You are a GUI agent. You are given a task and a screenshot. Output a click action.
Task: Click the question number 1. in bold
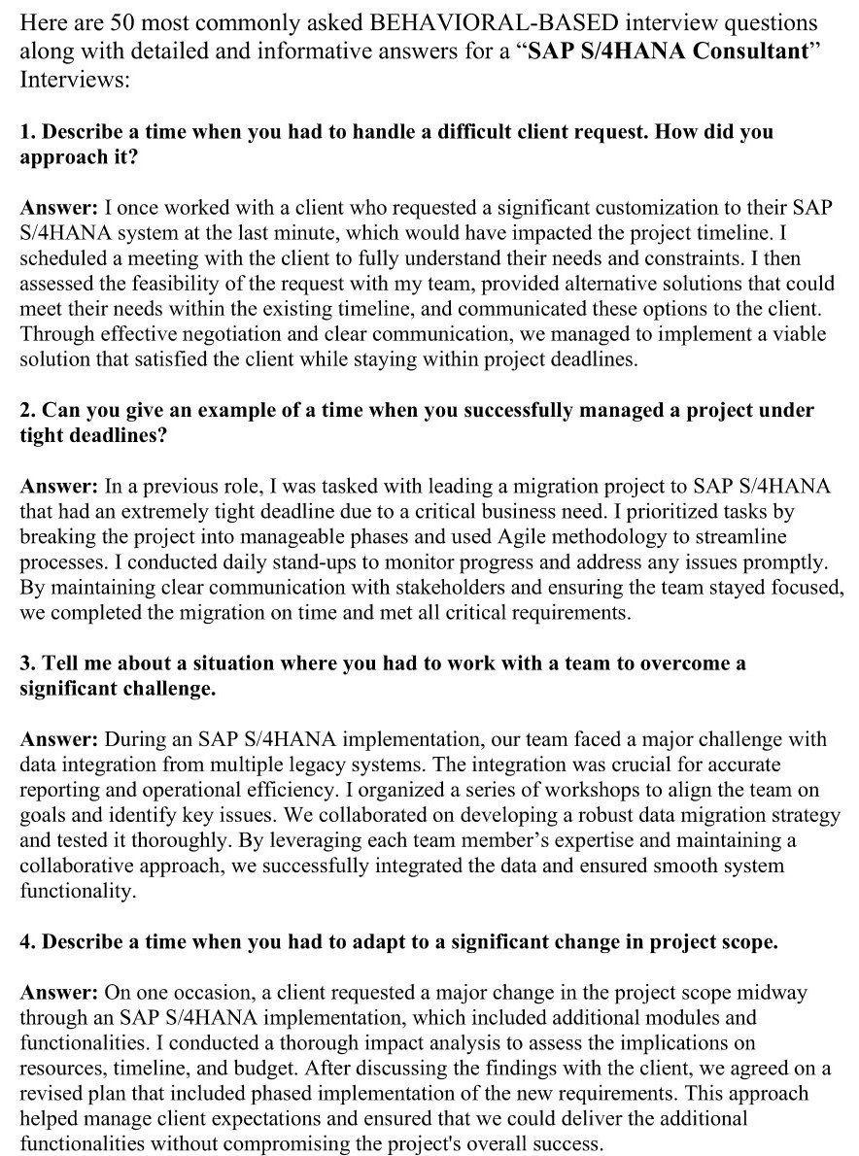27,131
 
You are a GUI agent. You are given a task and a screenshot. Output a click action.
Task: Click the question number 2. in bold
27,411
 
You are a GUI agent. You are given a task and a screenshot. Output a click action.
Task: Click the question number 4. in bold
27,941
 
